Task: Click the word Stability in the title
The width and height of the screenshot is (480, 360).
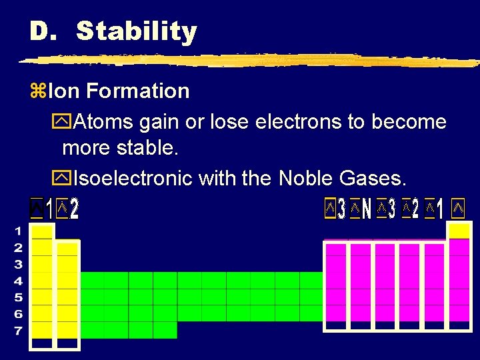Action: pos(137,31)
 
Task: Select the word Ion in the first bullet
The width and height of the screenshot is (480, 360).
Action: pos(62,91)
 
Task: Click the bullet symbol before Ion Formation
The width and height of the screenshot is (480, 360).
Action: pos(37,91)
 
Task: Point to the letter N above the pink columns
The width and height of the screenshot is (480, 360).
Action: pos(366,210)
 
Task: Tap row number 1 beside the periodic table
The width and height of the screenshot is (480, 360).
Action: pos(18,231)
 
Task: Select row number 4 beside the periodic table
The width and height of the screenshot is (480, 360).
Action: pos(18,281)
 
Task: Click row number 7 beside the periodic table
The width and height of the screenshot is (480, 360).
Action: pos(18,330)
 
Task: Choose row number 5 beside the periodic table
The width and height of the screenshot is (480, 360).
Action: pos(18,297)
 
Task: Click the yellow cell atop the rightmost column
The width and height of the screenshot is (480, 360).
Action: pos(459,231)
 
